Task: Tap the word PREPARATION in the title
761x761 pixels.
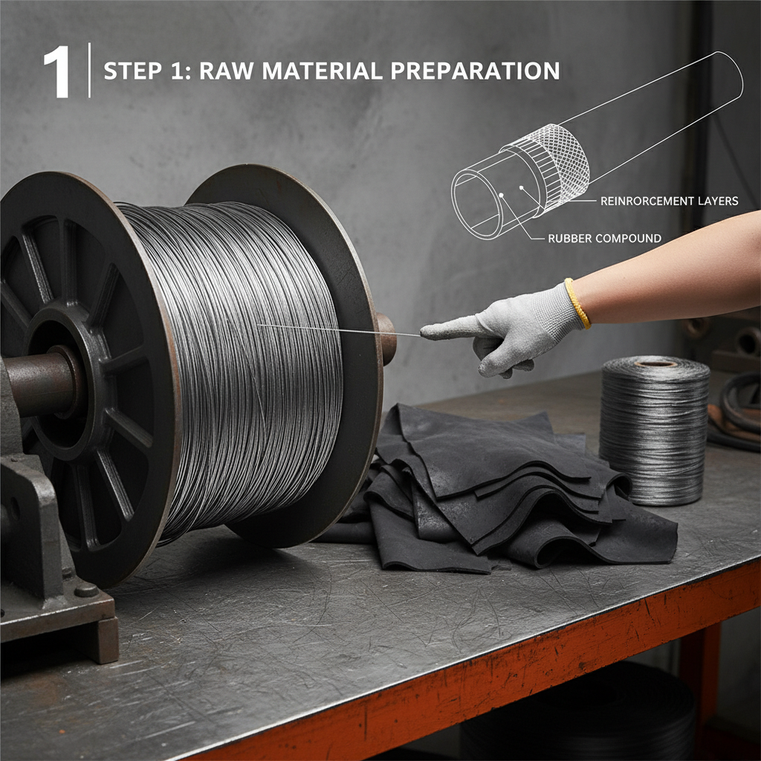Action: pos(473,71)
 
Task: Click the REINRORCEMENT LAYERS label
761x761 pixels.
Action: pos(668,201)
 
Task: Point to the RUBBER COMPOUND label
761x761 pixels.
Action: pos(603,239)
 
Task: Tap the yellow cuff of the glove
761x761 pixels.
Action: pos(577,302)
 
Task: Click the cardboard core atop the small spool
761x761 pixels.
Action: pos(655,363)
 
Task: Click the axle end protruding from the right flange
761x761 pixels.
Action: pos(386,337)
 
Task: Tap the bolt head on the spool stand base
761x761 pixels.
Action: pos(85,591)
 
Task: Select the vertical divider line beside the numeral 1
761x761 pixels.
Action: pos(90,71)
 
